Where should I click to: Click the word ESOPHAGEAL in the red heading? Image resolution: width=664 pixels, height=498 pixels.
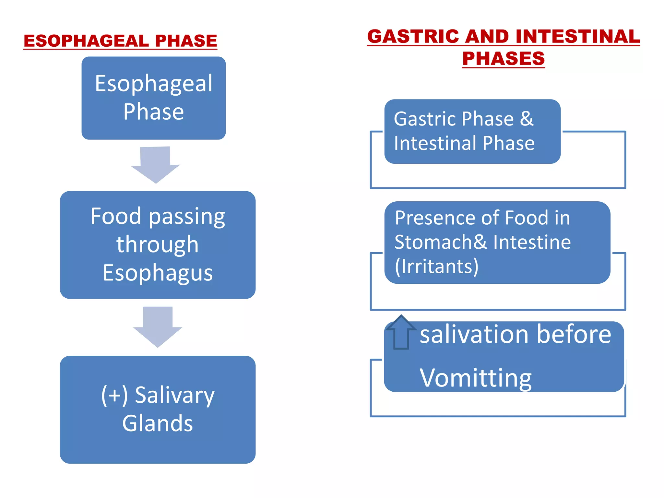pyautogui.click(x=86, y=41)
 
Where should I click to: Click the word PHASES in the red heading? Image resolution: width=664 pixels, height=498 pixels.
pyautogui.click(x=503, y=58)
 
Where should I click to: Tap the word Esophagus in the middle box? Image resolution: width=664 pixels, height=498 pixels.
pyautogui.click(x=158, y=273)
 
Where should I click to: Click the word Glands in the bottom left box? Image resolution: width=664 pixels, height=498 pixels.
pyautogui.click(x=158, y=423)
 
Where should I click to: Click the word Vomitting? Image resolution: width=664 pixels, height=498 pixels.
pyautogui.click(x=475, y=378)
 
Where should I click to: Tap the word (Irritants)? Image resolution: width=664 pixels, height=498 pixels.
pyautogui.click(x=436, y=267)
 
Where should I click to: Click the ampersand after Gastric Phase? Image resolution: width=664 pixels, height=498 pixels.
pyautogui.click(x=527, y=119)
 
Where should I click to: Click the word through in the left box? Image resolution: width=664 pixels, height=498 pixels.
pyautogui.click(x=158, y=244)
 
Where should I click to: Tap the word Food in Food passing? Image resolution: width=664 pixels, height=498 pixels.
pyautogui.click(x=116, y=216)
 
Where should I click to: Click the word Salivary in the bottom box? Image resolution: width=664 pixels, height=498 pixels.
pyautogui.click(x=174, y=396)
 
